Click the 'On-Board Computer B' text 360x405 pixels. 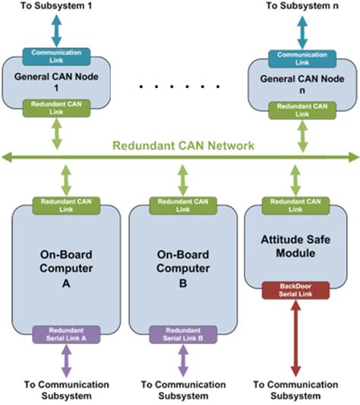179,260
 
